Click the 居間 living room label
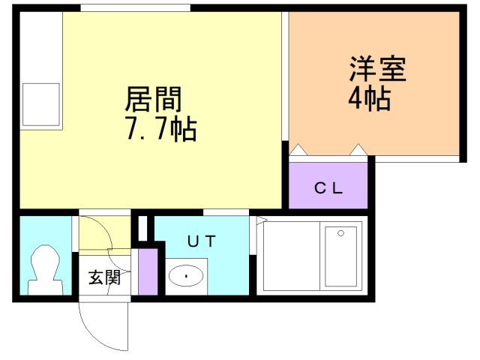tap(153, 99)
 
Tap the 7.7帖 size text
tap(161, 129)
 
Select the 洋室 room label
tap(378, 68)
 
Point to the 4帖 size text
tap(370, 98)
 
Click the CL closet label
tap(328, 187)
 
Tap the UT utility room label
tap(202, 241)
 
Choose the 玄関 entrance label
tap(104, 277)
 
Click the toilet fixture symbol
tap(46, 270)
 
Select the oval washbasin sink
tap(186, 275)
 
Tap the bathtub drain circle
tap(340, 233)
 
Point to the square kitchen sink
tap(41, 104)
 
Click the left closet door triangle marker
tap(298, 150)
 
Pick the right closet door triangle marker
tap(358, 150)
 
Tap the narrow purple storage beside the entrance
tap(148, 271)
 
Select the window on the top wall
tap(135, 7)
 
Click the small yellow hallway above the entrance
tap(105, 232)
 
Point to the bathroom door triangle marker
tap(262, 220)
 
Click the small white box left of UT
tap(142, 228)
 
